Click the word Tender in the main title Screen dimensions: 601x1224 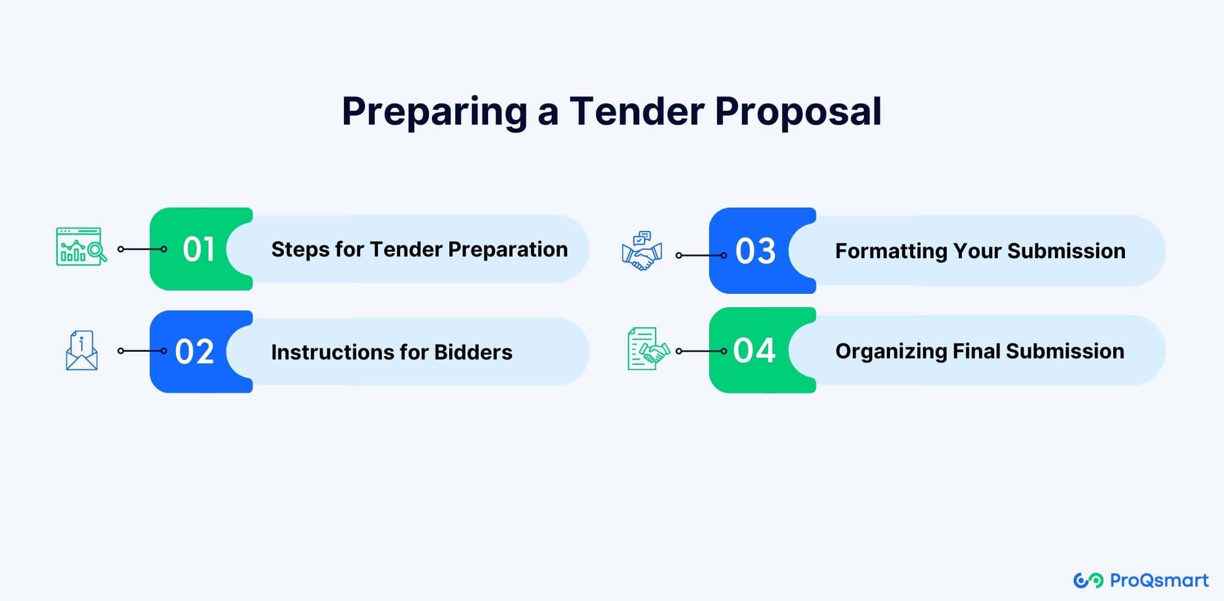tap(637, 111)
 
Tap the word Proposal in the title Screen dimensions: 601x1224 tap(798, 112)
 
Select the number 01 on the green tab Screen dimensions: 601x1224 tap(198, 249)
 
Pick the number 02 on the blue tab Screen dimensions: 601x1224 tap(194, 352)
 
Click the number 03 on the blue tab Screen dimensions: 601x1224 tap(755, 251)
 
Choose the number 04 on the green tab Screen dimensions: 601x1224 tap(754, 351)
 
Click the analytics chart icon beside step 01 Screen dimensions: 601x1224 tap(81, 247)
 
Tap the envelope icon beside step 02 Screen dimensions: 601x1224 tap(82, 351)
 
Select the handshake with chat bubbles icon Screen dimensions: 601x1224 tap(642, 251)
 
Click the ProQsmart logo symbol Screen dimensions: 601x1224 tap(1088, 580)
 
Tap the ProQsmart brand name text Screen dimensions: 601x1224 tap(1159, 580)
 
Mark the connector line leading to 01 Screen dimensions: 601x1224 tap(142, 249)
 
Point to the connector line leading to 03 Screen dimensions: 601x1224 tap(701, 255)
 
